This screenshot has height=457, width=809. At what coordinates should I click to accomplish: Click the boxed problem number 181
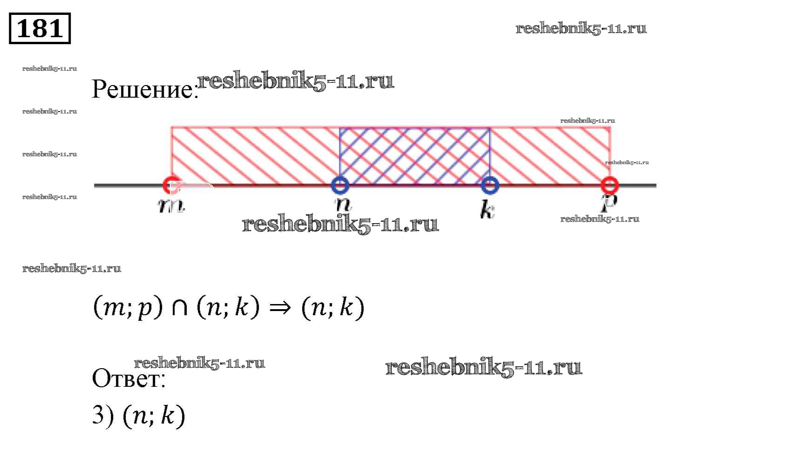tap(40, 28)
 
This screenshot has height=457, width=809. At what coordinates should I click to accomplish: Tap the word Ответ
tap(128, 378)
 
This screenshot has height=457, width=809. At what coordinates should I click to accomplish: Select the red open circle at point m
tap(171, 185)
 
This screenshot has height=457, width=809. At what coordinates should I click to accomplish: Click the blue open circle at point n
tap(340, 185)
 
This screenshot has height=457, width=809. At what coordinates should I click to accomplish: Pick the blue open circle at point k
tap(490, 185)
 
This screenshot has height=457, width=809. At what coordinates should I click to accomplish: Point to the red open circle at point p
tap(610, 185)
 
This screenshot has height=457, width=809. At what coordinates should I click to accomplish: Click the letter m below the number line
tap(171, 205)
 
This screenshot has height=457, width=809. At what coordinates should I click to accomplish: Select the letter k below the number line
tap(487, 209)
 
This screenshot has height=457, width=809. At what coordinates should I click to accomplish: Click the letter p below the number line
tap(609, 203)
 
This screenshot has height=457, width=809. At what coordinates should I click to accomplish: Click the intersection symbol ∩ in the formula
tap(180, 308)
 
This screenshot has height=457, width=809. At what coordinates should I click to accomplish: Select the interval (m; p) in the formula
tap(128, 308)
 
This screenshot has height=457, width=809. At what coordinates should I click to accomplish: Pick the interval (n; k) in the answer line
tap(154, 415)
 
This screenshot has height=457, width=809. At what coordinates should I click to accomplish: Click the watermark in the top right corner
tap(581, 28)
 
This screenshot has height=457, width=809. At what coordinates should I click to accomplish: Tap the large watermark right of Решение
tap(296, 81)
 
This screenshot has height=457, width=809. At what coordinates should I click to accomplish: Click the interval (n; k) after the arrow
tap(332, 308)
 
